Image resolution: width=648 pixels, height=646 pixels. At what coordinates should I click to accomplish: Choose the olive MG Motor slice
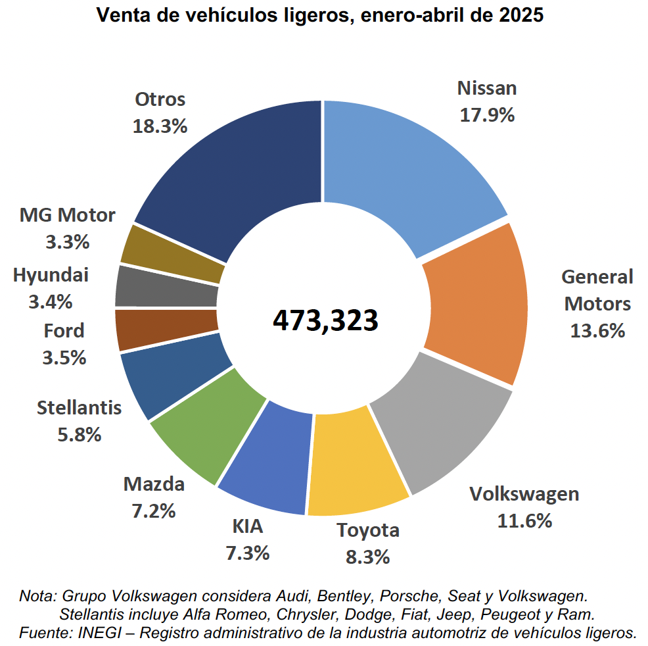[173, 254]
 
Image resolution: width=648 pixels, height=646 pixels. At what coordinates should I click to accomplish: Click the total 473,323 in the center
[325, 320]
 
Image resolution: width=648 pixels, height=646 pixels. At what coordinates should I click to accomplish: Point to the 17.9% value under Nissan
[487, 115]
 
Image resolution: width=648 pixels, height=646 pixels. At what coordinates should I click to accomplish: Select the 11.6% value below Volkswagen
[524, 522]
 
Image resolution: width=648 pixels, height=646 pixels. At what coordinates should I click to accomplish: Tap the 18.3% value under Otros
[160, 126]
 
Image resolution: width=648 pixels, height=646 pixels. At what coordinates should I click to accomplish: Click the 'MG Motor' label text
[68, 215]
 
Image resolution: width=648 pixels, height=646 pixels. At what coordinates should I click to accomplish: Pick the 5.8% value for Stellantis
[79, 434]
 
